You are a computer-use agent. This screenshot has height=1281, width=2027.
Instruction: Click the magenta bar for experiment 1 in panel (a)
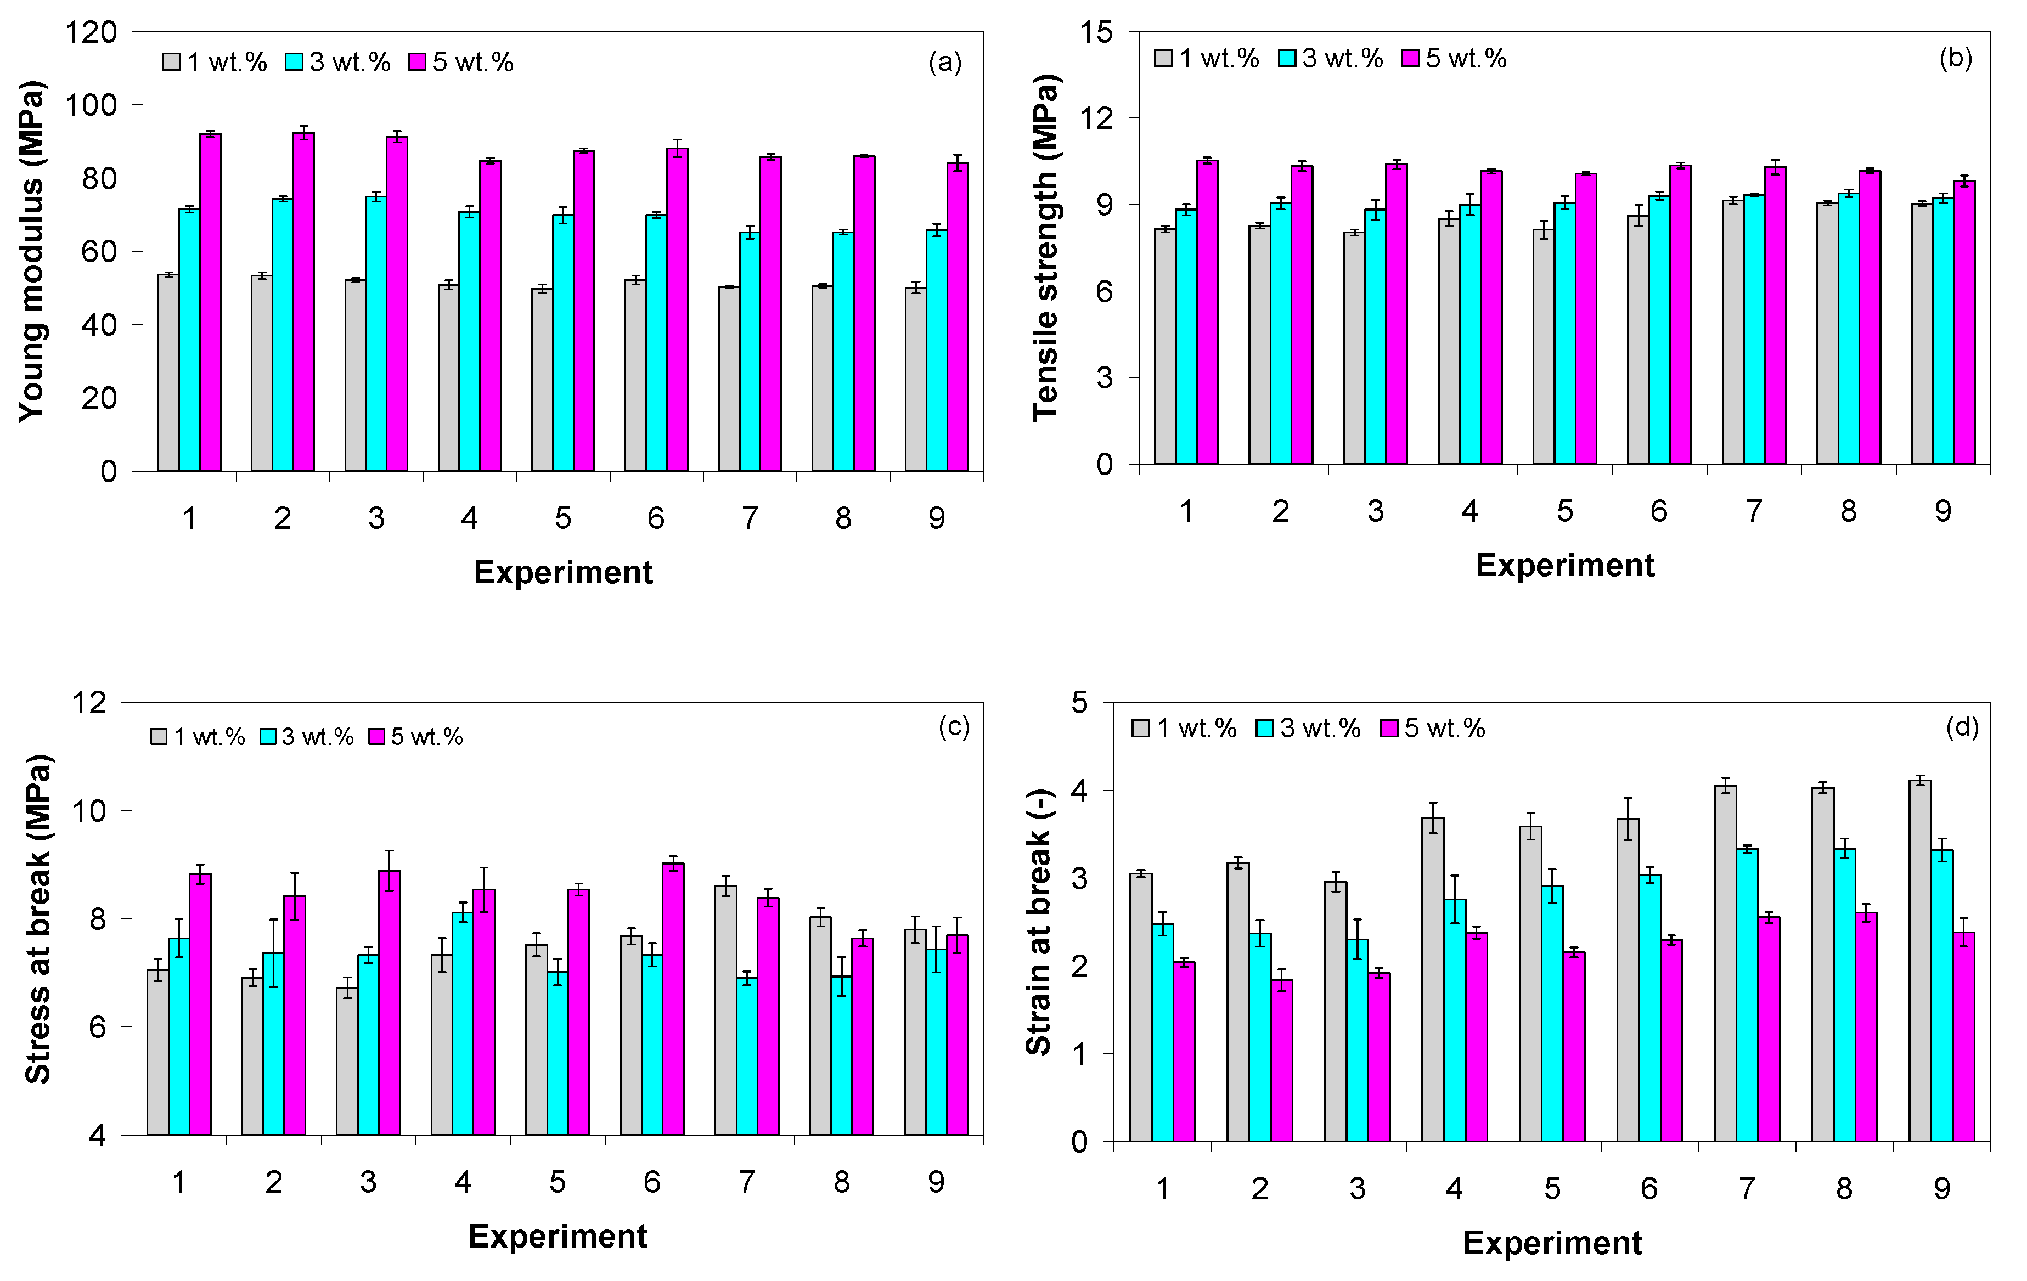(x=211, y=302)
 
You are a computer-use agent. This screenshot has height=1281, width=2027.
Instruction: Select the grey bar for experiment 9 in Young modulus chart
(x=916, y=380)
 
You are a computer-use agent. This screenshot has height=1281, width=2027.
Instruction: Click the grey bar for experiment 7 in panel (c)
(x=725, y=1010)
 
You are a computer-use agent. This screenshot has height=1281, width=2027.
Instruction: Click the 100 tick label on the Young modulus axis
(x=91, y=105)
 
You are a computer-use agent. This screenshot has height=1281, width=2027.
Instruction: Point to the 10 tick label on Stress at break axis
(x=90, y=811)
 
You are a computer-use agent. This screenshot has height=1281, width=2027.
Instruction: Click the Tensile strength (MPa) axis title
(x=1046, y=247)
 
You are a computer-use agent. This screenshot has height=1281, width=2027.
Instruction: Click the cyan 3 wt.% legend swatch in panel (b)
(x=1287, y=58)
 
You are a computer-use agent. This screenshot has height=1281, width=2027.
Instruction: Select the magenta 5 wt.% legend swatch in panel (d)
(x=1389, y=728)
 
